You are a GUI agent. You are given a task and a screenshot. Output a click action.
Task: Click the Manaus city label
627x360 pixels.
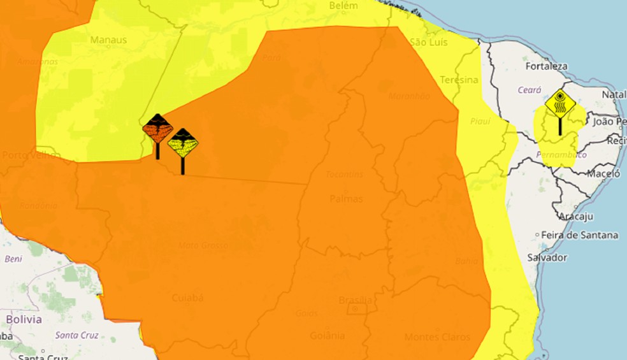108,40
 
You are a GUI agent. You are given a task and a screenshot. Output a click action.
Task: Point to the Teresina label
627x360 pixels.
459,80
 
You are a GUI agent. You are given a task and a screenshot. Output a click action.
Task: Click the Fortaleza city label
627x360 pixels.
546,66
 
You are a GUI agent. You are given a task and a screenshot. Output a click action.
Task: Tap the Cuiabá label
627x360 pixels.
188,298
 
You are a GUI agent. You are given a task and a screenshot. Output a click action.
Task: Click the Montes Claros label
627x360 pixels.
437,336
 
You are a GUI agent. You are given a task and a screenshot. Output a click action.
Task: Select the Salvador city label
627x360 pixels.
547,257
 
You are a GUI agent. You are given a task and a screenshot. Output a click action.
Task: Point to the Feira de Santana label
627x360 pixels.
580,235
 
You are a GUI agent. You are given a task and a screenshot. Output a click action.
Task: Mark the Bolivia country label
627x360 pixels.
24,319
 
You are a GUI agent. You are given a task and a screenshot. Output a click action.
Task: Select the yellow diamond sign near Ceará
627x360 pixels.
560,103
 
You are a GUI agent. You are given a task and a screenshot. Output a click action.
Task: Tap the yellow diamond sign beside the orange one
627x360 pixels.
183,143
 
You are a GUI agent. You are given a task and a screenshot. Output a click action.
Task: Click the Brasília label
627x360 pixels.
356,301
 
